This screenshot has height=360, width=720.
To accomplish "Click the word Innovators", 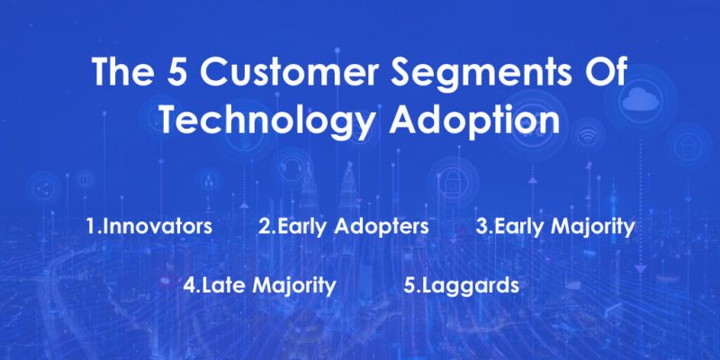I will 159,225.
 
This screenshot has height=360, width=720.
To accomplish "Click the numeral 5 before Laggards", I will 409,286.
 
